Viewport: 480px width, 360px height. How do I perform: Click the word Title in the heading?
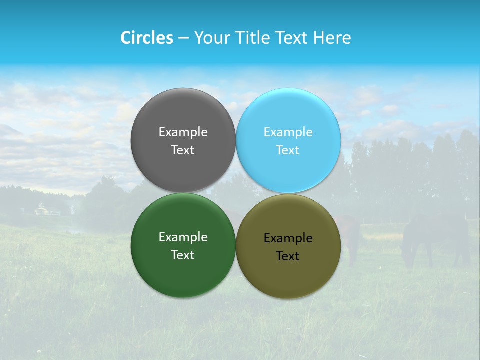[253, 38]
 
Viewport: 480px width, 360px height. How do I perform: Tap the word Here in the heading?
[332, 38]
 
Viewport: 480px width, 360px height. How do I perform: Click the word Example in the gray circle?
[183, 132]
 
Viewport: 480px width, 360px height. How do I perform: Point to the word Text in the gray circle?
[183, 150]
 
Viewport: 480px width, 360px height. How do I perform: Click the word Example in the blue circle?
[288, 132]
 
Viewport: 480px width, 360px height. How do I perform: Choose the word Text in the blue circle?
[288, 150]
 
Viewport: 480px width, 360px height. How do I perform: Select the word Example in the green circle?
[183, 237]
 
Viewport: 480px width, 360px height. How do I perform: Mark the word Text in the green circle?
[183, 255]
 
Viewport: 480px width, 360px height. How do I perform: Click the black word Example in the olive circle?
[288, 238]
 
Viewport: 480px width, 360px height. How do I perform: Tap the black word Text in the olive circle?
[288, 256]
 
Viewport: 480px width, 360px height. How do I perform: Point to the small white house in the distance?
[42, 210]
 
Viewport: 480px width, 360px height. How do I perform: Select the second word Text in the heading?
[292, 38]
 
